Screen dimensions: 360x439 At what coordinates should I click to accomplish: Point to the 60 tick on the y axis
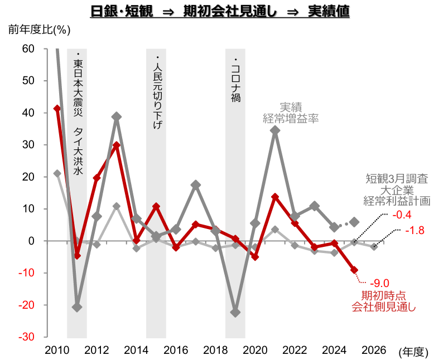click(28, 49)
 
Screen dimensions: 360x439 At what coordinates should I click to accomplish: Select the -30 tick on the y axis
click(27, 337)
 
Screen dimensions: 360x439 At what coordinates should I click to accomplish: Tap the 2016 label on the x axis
click(176, 350)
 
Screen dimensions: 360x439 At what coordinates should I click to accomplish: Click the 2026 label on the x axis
click(374, 350)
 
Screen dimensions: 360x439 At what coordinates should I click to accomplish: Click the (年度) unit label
click(413, 351)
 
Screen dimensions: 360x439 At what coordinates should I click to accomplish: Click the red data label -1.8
click(416, 230)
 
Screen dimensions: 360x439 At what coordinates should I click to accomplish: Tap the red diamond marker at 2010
click(57, 108)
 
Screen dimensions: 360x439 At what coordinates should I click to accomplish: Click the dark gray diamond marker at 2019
click(235, 313)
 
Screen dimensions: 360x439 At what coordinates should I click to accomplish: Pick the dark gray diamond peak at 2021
click(275, 130)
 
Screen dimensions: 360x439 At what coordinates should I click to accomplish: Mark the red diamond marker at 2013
click(117, 145)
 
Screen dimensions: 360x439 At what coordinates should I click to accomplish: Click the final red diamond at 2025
click(354, 270)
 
